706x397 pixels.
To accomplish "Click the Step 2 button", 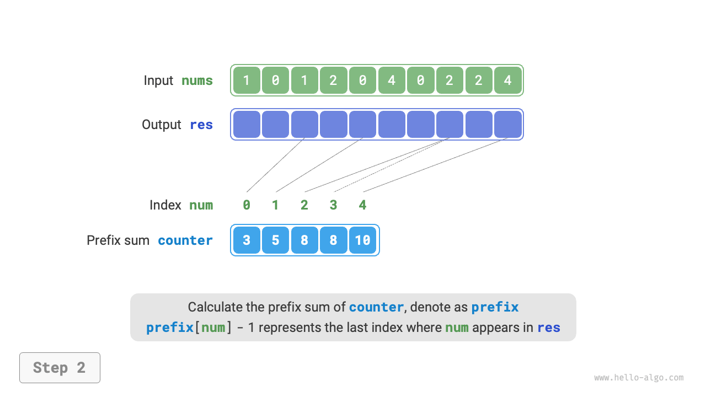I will [60, 368].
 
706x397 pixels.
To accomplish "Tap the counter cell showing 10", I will [362, 240].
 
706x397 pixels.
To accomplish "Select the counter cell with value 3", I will [247, 240].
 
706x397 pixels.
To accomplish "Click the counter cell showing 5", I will [275, 240].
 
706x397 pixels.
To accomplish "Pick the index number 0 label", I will [247, 205].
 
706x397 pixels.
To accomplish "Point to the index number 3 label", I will [333, 205].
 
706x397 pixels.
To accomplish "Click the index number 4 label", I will [362, 205].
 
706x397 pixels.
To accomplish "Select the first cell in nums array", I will [247, 81].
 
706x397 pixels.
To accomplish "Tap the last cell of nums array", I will [507, 81].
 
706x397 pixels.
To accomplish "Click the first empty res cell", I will [247, 125].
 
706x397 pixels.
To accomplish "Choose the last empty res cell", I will [507, 125].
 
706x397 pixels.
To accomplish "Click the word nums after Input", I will [197, 81].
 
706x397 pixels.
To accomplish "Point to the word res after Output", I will [201, 125].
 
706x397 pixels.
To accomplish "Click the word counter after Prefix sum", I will [185, 240].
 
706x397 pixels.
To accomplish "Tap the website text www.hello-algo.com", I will [639, 378].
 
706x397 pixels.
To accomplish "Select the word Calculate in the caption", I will [212, 307].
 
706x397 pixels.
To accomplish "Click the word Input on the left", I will [158, 81].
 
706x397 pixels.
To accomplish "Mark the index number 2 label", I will [304, 205].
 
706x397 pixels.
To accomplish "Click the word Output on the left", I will [161, 125].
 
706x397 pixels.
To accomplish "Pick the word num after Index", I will [201, 205].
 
